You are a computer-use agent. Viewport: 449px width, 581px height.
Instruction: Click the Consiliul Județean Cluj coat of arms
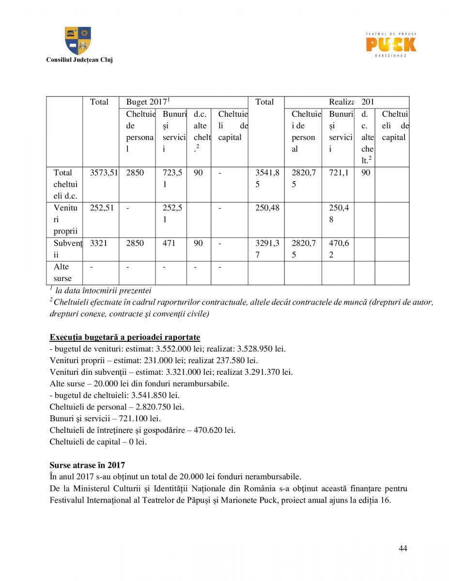click(x=78, y=41)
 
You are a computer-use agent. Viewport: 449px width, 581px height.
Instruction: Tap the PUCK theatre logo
click(x=390, y=45)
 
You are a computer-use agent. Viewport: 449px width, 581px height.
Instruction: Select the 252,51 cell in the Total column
click(x=102, y=208)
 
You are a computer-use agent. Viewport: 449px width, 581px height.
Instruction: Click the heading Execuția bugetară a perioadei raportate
click(x=124, y=337)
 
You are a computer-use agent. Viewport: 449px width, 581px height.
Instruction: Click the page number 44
click(x=403, y=548)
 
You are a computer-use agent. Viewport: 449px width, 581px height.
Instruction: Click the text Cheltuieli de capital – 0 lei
click(x=98, y=442)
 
